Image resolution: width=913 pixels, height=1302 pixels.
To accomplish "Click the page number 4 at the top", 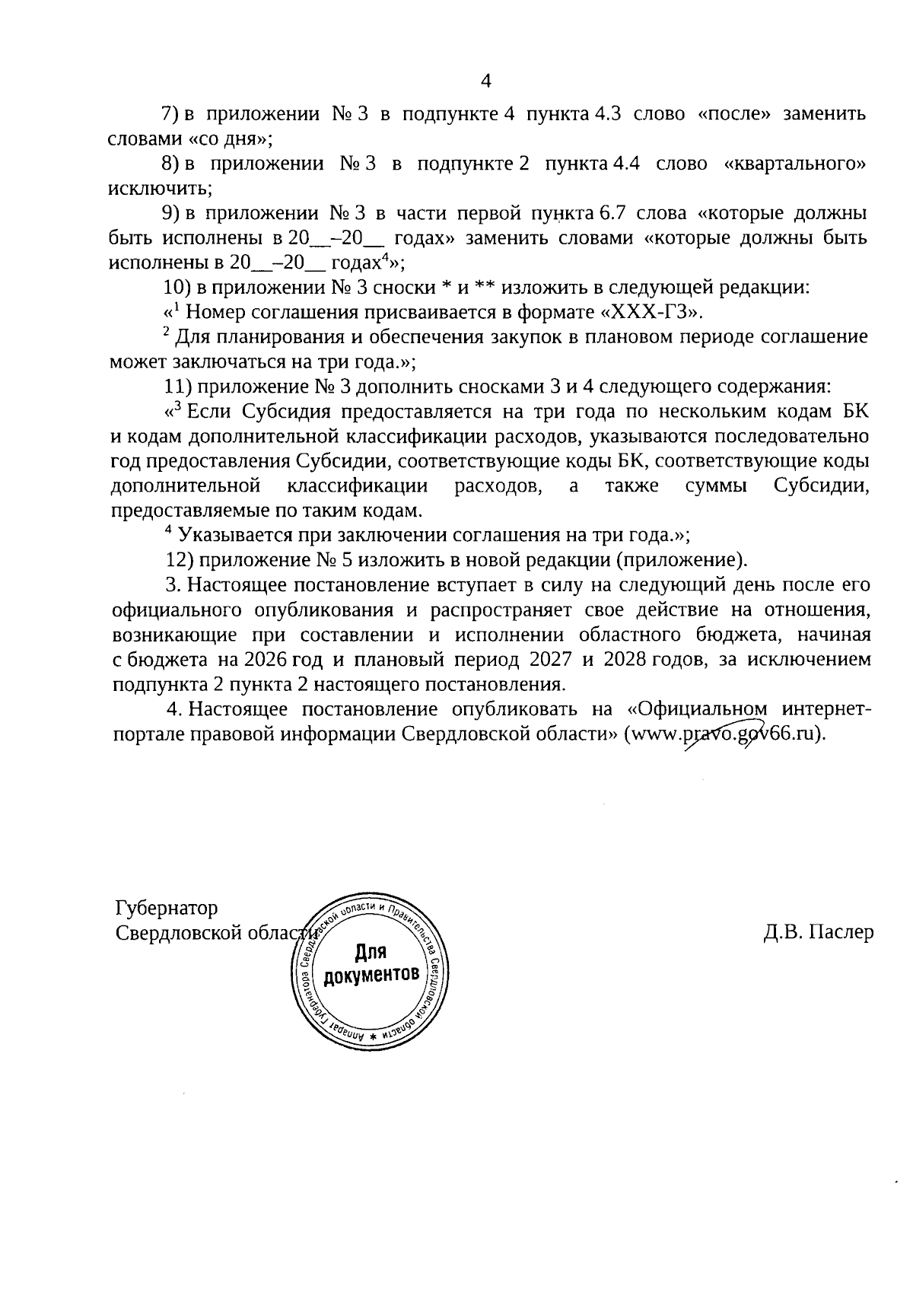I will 487,81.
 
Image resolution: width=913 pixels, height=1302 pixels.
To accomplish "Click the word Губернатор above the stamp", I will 166,908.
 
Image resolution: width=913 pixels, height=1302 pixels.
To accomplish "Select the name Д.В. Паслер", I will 819,932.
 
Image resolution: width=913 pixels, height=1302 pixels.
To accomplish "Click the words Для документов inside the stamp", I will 371,963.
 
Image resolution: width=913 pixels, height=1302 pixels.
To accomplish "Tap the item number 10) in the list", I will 180,288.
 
